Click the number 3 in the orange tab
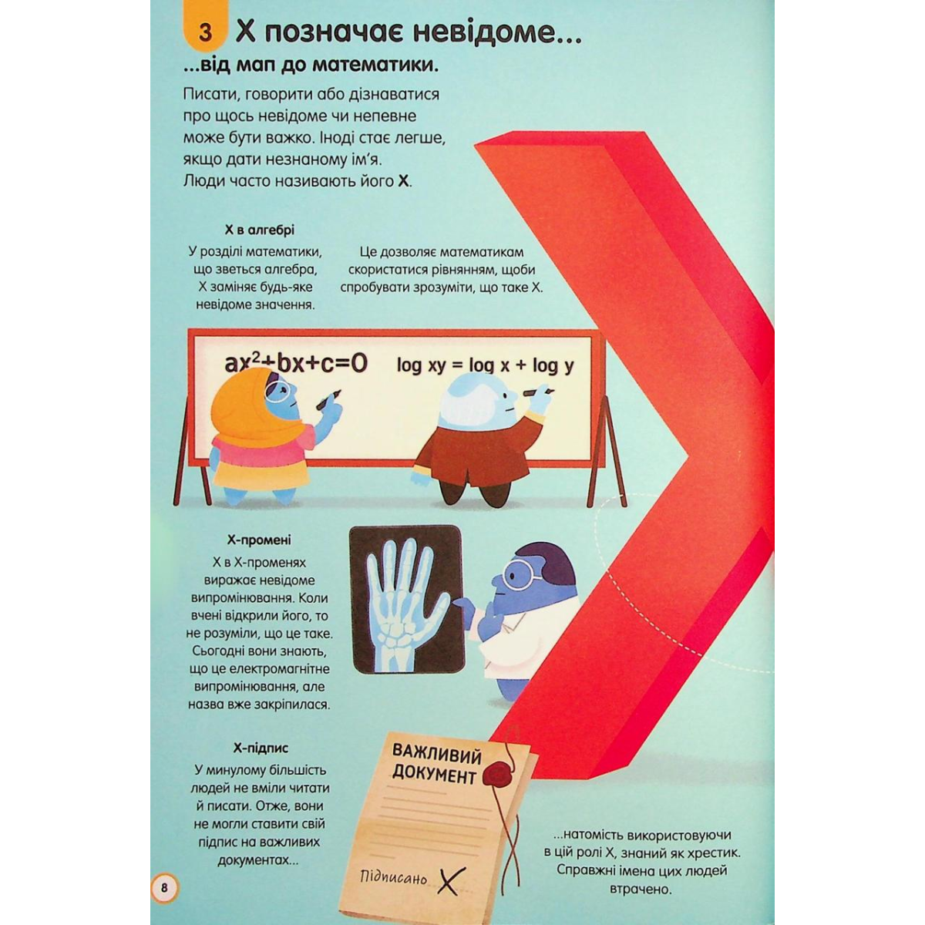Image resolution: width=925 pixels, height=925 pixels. (206, 33)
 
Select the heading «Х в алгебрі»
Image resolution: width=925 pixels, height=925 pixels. (260, 230)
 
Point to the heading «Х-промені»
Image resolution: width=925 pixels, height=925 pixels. (259, 540)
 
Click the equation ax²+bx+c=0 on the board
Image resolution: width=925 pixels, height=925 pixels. (296, 365)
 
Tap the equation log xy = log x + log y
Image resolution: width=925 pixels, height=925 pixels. (486, 366)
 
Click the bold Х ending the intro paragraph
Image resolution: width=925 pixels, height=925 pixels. (403, 183)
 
